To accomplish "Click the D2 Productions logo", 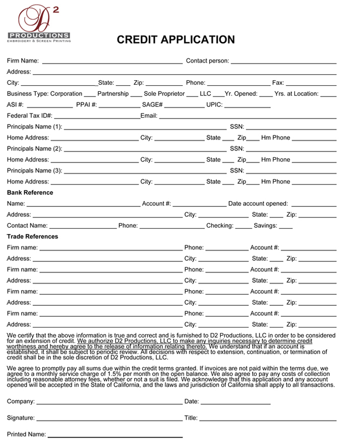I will pyautogui.click(x=39, y=23).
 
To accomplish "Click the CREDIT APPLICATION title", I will pyautogui.click(x=175, y=40).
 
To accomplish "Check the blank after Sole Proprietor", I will pyautogui.click(x=192, y=95).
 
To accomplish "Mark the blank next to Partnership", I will pyautogui.click(x=136, y=95).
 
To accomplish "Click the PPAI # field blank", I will pyautogui.click(x=119, y=106).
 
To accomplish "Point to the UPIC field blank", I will pyautogui.click(x=247, y=106).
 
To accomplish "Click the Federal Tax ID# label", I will pyautogui.click(x=30, y=116).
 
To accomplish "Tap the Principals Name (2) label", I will pyautogui.click(x=35, y=149).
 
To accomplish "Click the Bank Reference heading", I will pyautogui.click(x=30, y=192).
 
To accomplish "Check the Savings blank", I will pyautogui.click(x=285, y=227).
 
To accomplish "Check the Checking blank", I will pyautogui.click(x=244, y=227).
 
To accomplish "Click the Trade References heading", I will pyautogui.click(x=32, y=236).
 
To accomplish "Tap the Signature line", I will pyautogui.click(x=109, y=419).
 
